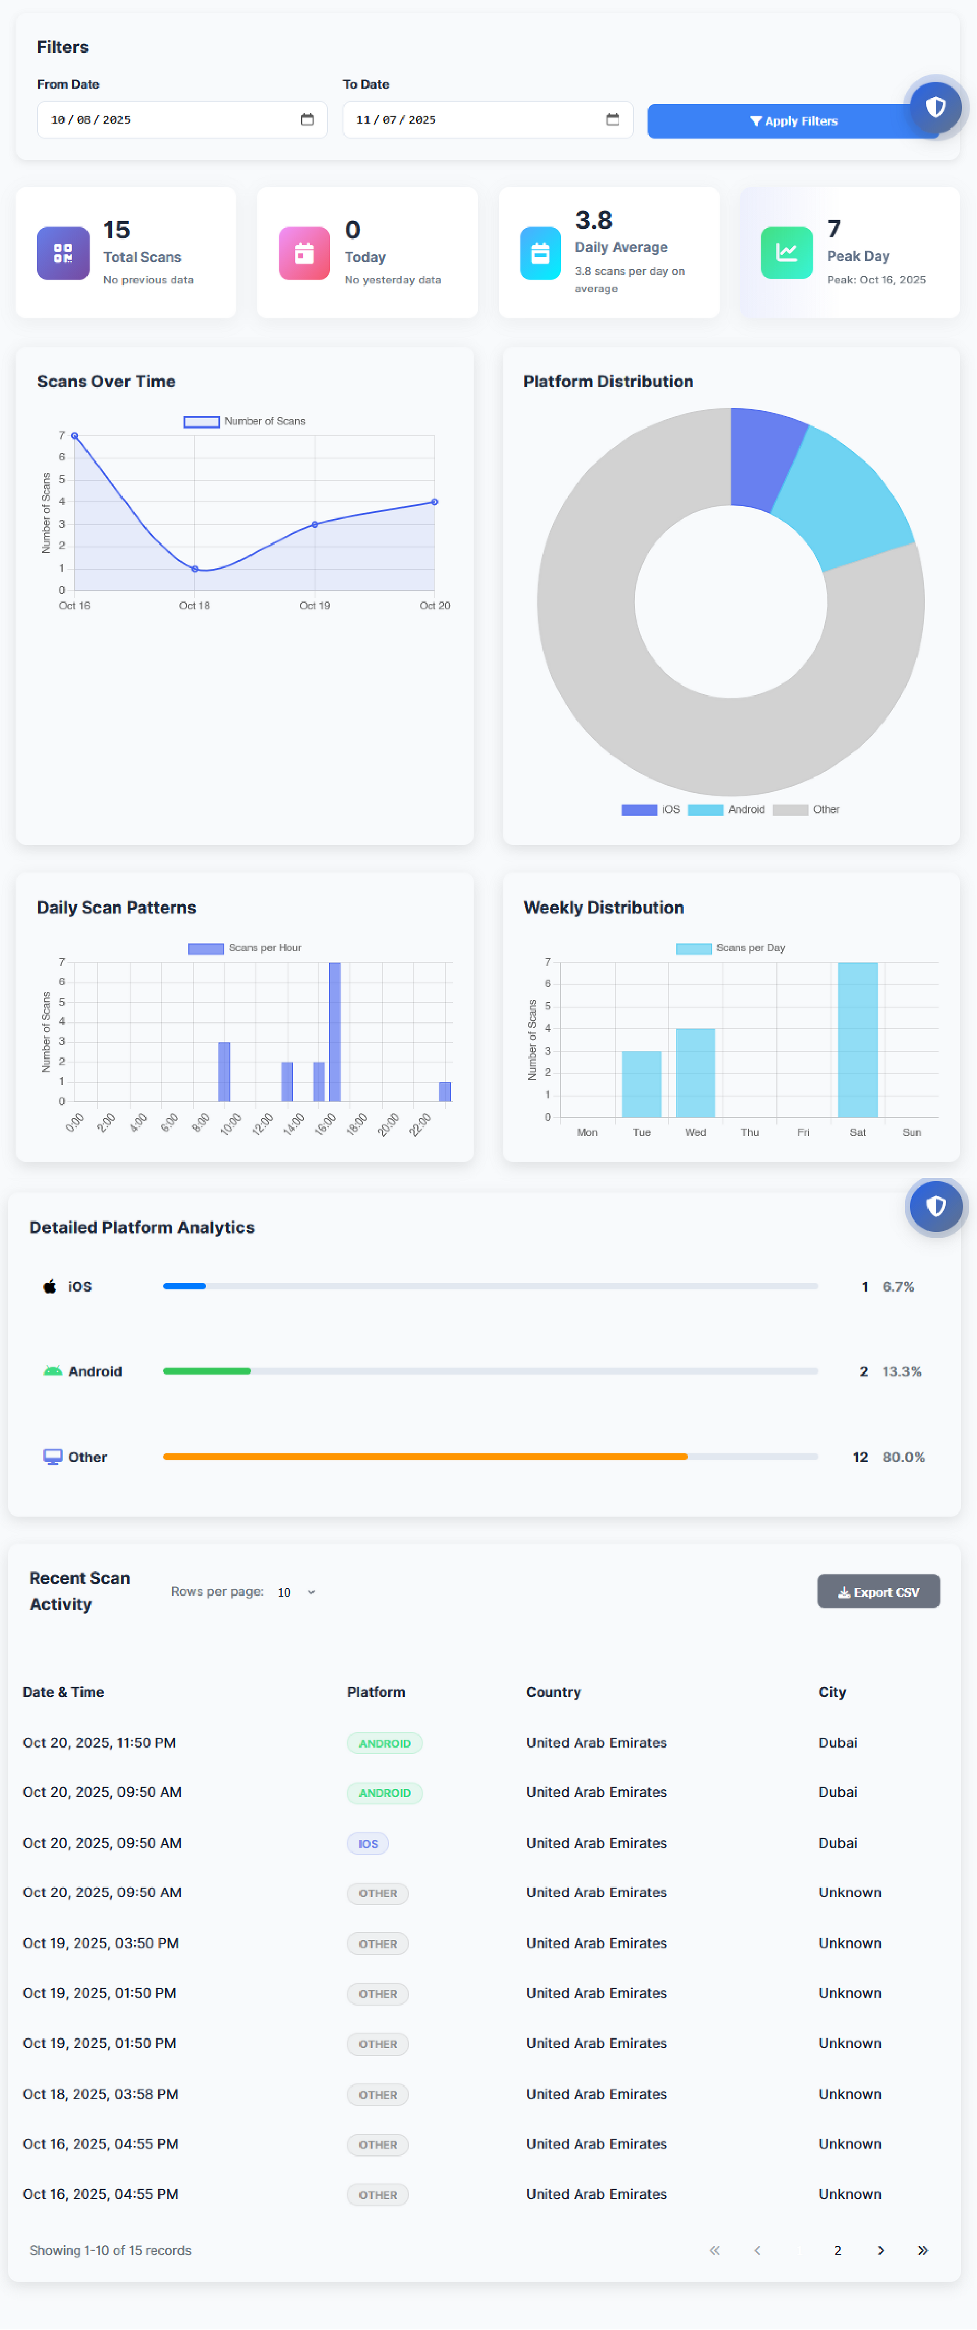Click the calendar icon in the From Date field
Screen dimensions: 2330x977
(x=307, y=119)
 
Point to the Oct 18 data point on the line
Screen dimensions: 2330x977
(x=194, y=568)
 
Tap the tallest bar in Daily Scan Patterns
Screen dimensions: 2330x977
(x=335, y=1031)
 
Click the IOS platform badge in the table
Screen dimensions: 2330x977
(x=368, y=1844)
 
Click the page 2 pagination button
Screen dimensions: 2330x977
(x=838, y=2250)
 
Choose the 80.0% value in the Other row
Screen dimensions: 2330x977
(x=903, y=1457)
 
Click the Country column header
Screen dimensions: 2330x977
(x=553, y=1692)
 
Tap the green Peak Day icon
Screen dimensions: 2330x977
(x=786, y=252)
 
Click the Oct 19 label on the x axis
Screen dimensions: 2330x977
(x=315, y=606)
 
